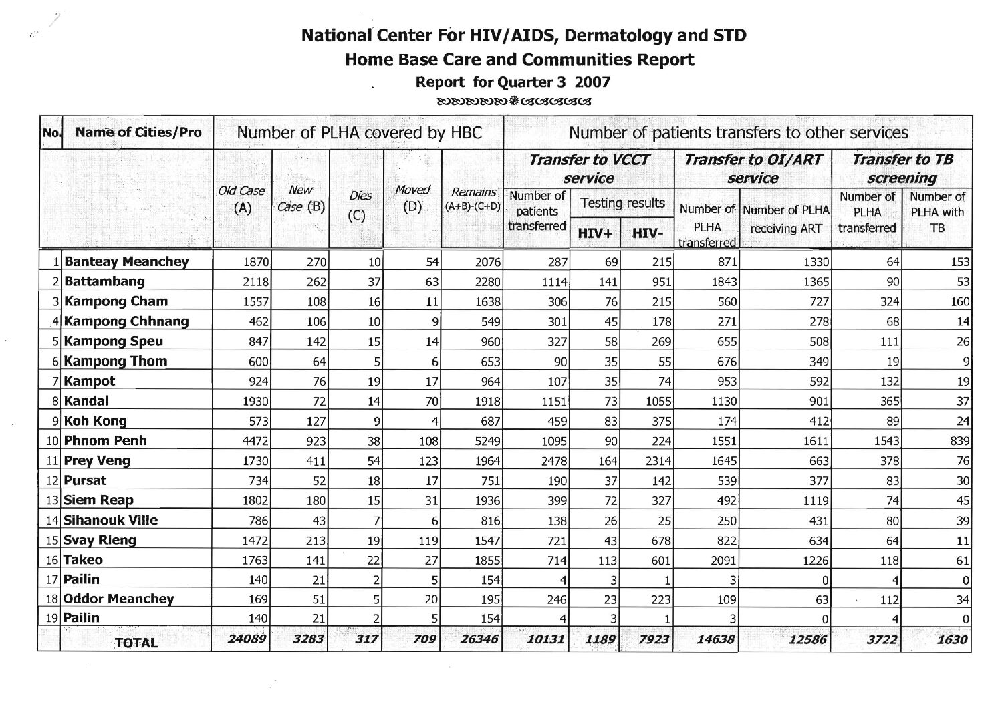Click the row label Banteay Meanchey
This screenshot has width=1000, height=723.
point(126,261)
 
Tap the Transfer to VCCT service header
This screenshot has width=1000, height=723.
point(588,168)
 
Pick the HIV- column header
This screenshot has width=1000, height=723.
point(646,233)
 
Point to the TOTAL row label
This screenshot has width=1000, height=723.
point(136,643)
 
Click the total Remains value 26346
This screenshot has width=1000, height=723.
point(479,640)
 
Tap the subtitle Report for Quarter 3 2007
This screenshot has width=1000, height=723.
point(513,82)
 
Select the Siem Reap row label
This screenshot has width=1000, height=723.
point(99,500)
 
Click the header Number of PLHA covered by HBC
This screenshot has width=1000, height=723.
point(360,132)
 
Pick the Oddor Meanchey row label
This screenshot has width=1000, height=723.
point(119,599)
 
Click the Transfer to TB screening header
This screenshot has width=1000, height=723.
point(902,168)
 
